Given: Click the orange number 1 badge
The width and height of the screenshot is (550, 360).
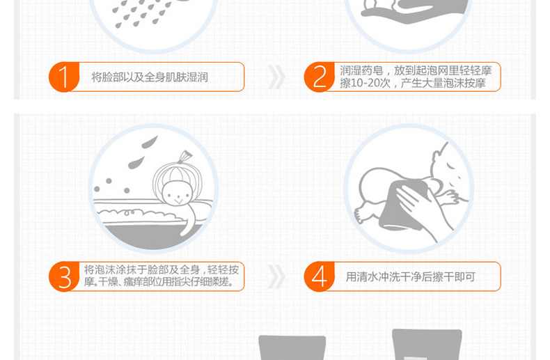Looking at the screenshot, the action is point(64,77).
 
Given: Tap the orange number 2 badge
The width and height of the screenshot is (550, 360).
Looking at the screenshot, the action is point(319,77).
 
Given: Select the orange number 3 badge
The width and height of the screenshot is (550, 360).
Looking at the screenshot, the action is point(64,276).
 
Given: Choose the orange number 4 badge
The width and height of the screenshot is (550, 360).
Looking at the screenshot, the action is point(319,276).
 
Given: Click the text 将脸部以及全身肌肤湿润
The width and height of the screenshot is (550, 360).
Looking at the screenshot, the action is point(150,77).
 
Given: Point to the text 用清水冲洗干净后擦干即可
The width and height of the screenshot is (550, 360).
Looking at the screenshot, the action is point(410,277).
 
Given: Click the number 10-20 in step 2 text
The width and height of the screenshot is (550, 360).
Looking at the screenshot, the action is point(365,83).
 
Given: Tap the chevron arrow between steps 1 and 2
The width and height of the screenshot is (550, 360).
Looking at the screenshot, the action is point(276,77).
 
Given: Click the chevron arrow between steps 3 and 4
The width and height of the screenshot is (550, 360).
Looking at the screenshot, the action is point(276,277).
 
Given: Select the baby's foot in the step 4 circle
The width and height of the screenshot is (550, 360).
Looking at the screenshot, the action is point(361,214).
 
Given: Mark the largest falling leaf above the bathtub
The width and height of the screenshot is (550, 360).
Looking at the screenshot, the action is point(150,142).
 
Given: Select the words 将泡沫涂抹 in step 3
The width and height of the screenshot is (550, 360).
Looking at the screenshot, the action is point(116,269).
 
